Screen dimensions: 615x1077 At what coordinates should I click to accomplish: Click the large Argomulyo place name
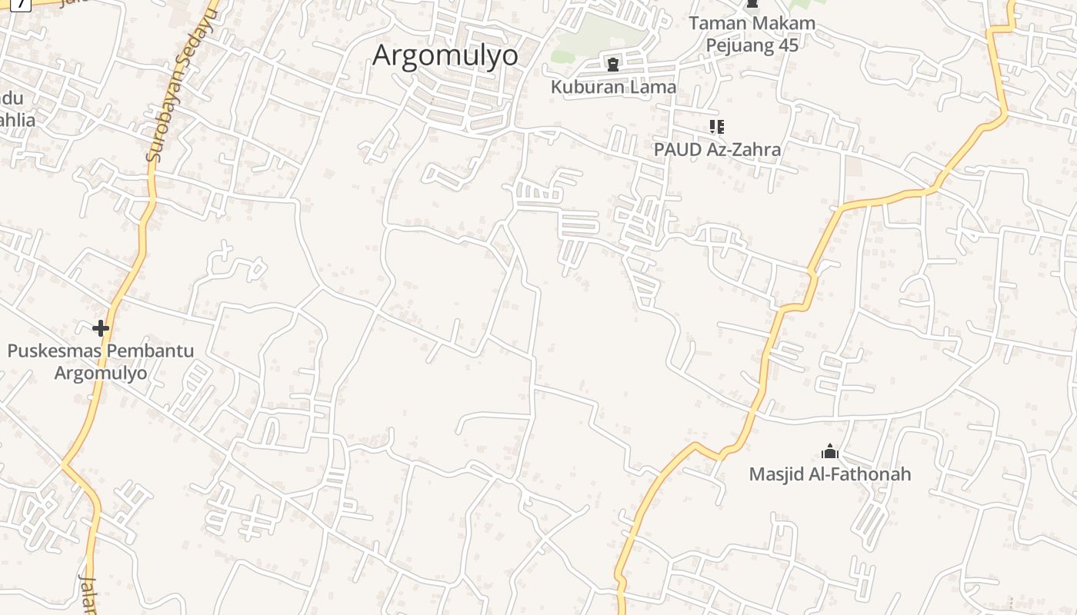pyautogui.click(x=445, y=55)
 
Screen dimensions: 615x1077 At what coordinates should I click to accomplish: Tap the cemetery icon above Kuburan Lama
pyautogui.click(x=613, y=65)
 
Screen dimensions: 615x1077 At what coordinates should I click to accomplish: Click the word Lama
pyautogui.click(x=654, y=87)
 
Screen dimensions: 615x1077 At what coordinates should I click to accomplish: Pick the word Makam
pyautogui.click(x=780, y=23)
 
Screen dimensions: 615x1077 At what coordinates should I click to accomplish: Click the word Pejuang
pyautogui.click(x=739, y=45)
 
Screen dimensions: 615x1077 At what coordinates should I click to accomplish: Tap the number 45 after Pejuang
pyautogui.click(x=788, y=45)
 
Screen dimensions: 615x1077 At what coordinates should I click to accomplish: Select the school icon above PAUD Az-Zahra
pyautogui.click(x=716, y=126)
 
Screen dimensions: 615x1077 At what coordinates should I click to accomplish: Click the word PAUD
pyautogui.click(x=677, y=149)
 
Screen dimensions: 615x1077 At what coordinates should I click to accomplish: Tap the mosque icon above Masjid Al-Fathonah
pyautogui.click(x=829, y=450)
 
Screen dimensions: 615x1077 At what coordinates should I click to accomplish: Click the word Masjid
pyautogui.click(x=778, y=474)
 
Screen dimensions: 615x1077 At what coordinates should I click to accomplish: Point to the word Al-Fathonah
pyautogui.click(x=861, y=474)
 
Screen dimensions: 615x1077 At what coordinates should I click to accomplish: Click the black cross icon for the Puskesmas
pyautogui.click(x=100, y=329)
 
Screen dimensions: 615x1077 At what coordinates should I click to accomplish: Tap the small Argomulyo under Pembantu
pyautogui.click(x=100, y=374)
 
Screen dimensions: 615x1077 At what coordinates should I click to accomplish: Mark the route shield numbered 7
pyautogui.click(x=20, y=3)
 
